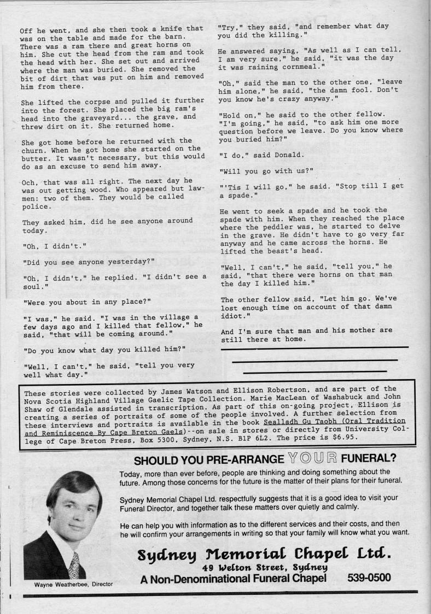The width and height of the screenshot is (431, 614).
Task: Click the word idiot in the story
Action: tap(232, 316)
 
